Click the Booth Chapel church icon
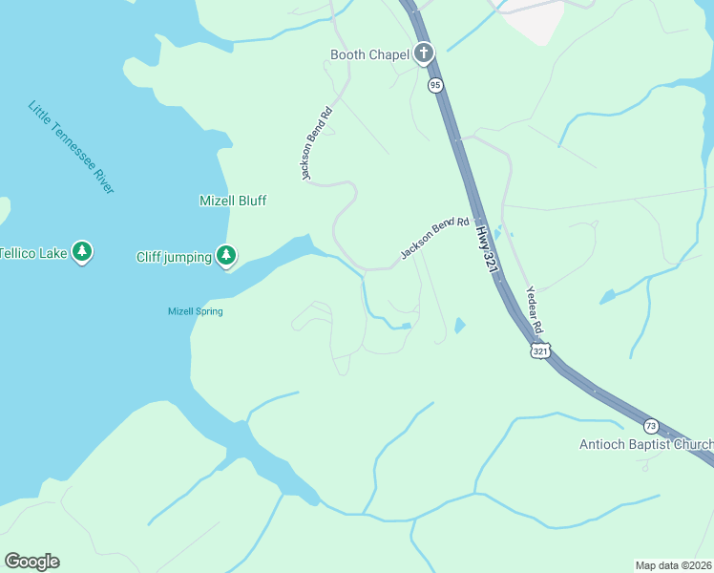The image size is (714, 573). point(424,54)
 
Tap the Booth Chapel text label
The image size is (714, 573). point(369,54)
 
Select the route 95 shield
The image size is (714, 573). point(435,85)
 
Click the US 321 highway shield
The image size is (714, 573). point(540,351)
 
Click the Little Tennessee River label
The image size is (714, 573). point(71,147)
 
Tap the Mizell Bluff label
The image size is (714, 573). point(233,201)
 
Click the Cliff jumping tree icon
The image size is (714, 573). point(226,255)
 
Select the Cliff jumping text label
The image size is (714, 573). point(174,256)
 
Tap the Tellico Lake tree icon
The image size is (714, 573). point(82,252)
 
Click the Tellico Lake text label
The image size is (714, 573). point(32,253)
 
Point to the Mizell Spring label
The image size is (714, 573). point(195,311)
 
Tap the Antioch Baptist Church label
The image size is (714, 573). point(646,444)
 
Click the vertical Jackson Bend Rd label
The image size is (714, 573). point(316,142)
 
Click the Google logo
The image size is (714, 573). point(31,562)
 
